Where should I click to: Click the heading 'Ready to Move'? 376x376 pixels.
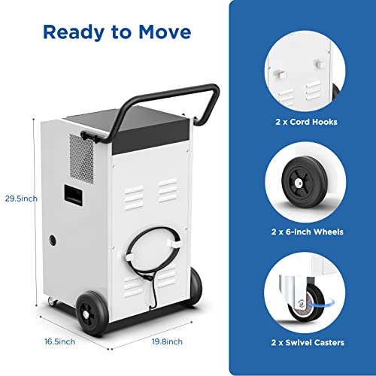point(117,32)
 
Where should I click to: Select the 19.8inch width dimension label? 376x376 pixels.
point(166,341)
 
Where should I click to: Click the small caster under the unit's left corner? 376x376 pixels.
point(53,302)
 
